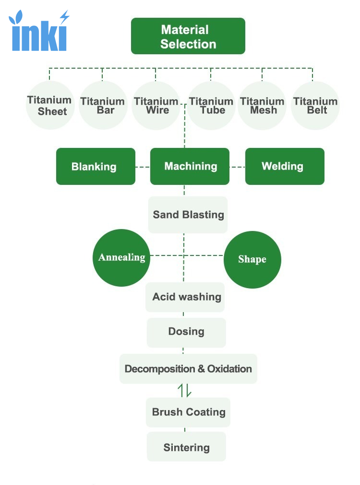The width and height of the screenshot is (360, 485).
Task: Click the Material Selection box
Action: [x=188, y=36]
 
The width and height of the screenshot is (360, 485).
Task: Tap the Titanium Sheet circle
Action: [x=50, y=105]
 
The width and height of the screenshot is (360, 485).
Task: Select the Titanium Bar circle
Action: [x=103, y=105]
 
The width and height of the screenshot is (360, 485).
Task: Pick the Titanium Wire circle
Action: [x=156, y=105]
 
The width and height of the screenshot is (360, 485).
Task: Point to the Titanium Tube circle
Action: [x=211, y=105]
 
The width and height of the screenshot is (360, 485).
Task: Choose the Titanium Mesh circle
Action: [x=262, y=105]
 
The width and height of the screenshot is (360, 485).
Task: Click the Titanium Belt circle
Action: [x=315, y=105]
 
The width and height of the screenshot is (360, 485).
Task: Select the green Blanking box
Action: [x=96, y=167]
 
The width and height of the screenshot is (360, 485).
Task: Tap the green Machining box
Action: [x=190, y=167]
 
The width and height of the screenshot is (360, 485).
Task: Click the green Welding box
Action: [x=285, y=167]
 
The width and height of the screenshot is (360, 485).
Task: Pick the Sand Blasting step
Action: [x=188, y=215]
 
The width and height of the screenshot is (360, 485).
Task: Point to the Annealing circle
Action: [x=121, y=258]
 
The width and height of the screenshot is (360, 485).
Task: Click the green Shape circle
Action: [x=252, y=259]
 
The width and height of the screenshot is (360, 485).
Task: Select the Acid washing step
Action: [x=185, y=297]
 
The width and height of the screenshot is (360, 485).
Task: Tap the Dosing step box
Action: [x=187, y=332]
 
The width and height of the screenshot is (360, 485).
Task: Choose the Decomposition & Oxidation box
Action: [x=188, y=369]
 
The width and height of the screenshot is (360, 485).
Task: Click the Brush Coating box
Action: [x=188, y=412]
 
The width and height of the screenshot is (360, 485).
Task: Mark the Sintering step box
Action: [x=187, y=447]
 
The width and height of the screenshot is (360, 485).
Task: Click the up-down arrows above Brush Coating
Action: [x=185, y=391]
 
